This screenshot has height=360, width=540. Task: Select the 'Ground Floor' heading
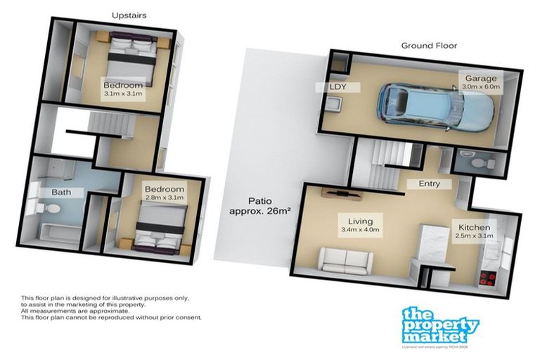[x=429, y=46]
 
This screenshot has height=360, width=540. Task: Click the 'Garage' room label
[x=480, y=79]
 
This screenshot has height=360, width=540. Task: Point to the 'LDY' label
[x=347, y=87]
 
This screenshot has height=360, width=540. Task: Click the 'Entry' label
[x=428, y=184]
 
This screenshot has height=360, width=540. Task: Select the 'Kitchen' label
[x=475, y=227]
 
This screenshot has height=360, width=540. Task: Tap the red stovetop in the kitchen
[x=486, y=275]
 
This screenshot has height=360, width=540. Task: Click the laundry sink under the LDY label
[x=335, y=106]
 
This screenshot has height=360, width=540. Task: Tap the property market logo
[x=441, y=326]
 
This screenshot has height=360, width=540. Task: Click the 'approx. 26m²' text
[x=258, y=210]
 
